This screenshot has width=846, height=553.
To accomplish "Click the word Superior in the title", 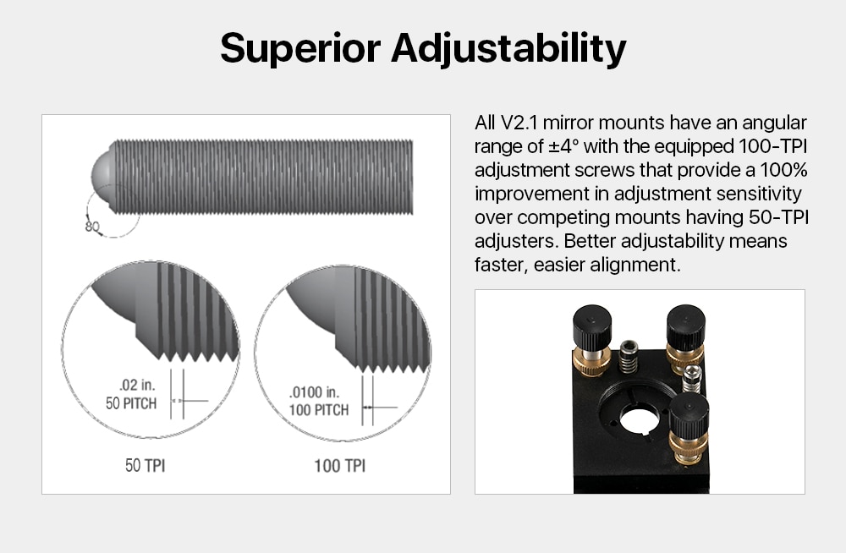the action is point(300,48).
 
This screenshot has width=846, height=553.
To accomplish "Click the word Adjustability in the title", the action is point(508,48).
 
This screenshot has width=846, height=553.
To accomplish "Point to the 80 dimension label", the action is point(92,226).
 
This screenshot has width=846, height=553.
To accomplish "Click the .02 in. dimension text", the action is point(137,385).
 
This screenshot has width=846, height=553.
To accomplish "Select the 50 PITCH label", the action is point(131,403).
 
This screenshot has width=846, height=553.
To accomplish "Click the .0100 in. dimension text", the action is point(314,391).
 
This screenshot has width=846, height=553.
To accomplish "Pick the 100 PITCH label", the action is point(318,410).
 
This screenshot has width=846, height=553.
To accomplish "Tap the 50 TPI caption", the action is point(146,465).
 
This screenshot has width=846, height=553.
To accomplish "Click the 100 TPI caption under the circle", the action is point(340,466).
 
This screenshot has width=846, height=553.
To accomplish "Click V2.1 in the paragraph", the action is point(519,123).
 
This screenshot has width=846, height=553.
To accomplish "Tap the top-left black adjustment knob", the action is point(592,326).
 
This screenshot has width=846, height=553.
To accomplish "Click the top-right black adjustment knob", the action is point(686,326).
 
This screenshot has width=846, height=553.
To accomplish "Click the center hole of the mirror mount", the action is point(639,421).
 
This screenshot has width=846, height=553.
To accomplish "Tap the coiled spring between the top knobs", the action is point(628,357).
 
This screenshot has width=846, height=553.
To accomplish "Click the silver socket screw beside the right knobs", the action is point(692,378).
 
